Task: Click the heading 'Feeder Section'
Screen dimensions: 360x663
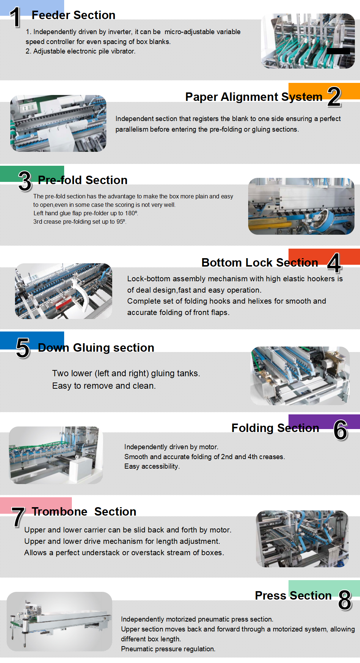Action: click(73, 15)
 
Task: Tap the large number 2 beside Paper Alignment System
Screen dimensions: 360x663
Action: click(334, 97)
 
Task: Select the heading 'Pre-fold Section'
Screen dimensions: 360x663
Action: click(82, 180)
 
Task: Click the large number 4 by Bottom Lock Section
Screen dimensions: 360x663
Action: click(334, 263)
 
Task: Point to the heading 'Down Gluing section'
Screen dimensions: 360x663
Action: click(96, 348)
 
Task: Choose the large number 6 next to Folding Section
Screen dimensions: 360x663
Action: click(340, 430)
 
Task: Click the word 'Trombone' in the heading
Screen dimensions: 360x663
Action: click(59, 512)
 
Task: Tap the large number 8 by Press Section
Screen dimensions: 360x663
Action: click(345, 600)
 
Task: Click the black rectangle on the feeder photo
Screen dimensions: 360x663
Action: click(338, 51)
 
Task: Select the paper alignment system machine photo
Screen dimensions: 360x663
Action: click(58, 123)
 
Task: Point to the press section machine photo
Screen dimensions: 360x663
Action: click(59, 621)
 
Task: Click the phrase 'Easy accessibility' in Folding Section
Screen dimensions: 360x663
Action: click(152, 466)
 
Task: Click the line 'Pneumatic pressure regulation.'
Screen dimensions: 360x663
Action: click(168, 649)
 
